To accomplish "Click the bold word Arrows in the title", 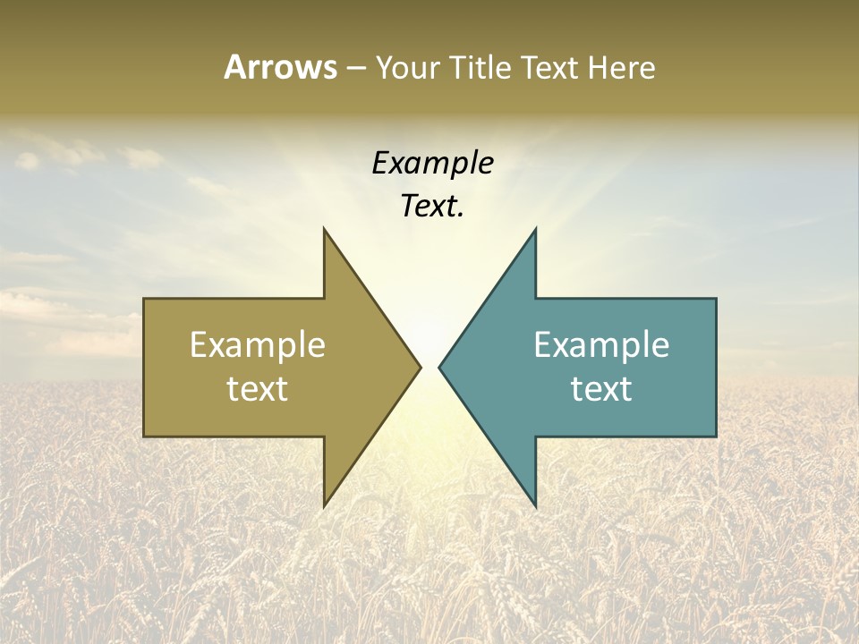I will point(280,67).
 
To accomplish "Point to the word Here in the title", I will point(622,67).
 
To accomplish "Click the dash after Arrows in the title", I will point(355,68).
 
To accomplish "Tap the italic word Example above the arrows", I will point(432,163).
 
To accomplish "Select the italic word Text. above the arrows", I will point(432,206).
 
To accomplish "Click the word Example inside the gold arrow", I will point(258,344).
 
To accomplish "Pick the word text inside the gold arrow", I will point(258,388).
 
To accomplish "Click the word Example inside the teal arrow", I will point(601,344).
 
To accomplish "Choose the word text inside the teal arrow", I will point(601,388).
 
